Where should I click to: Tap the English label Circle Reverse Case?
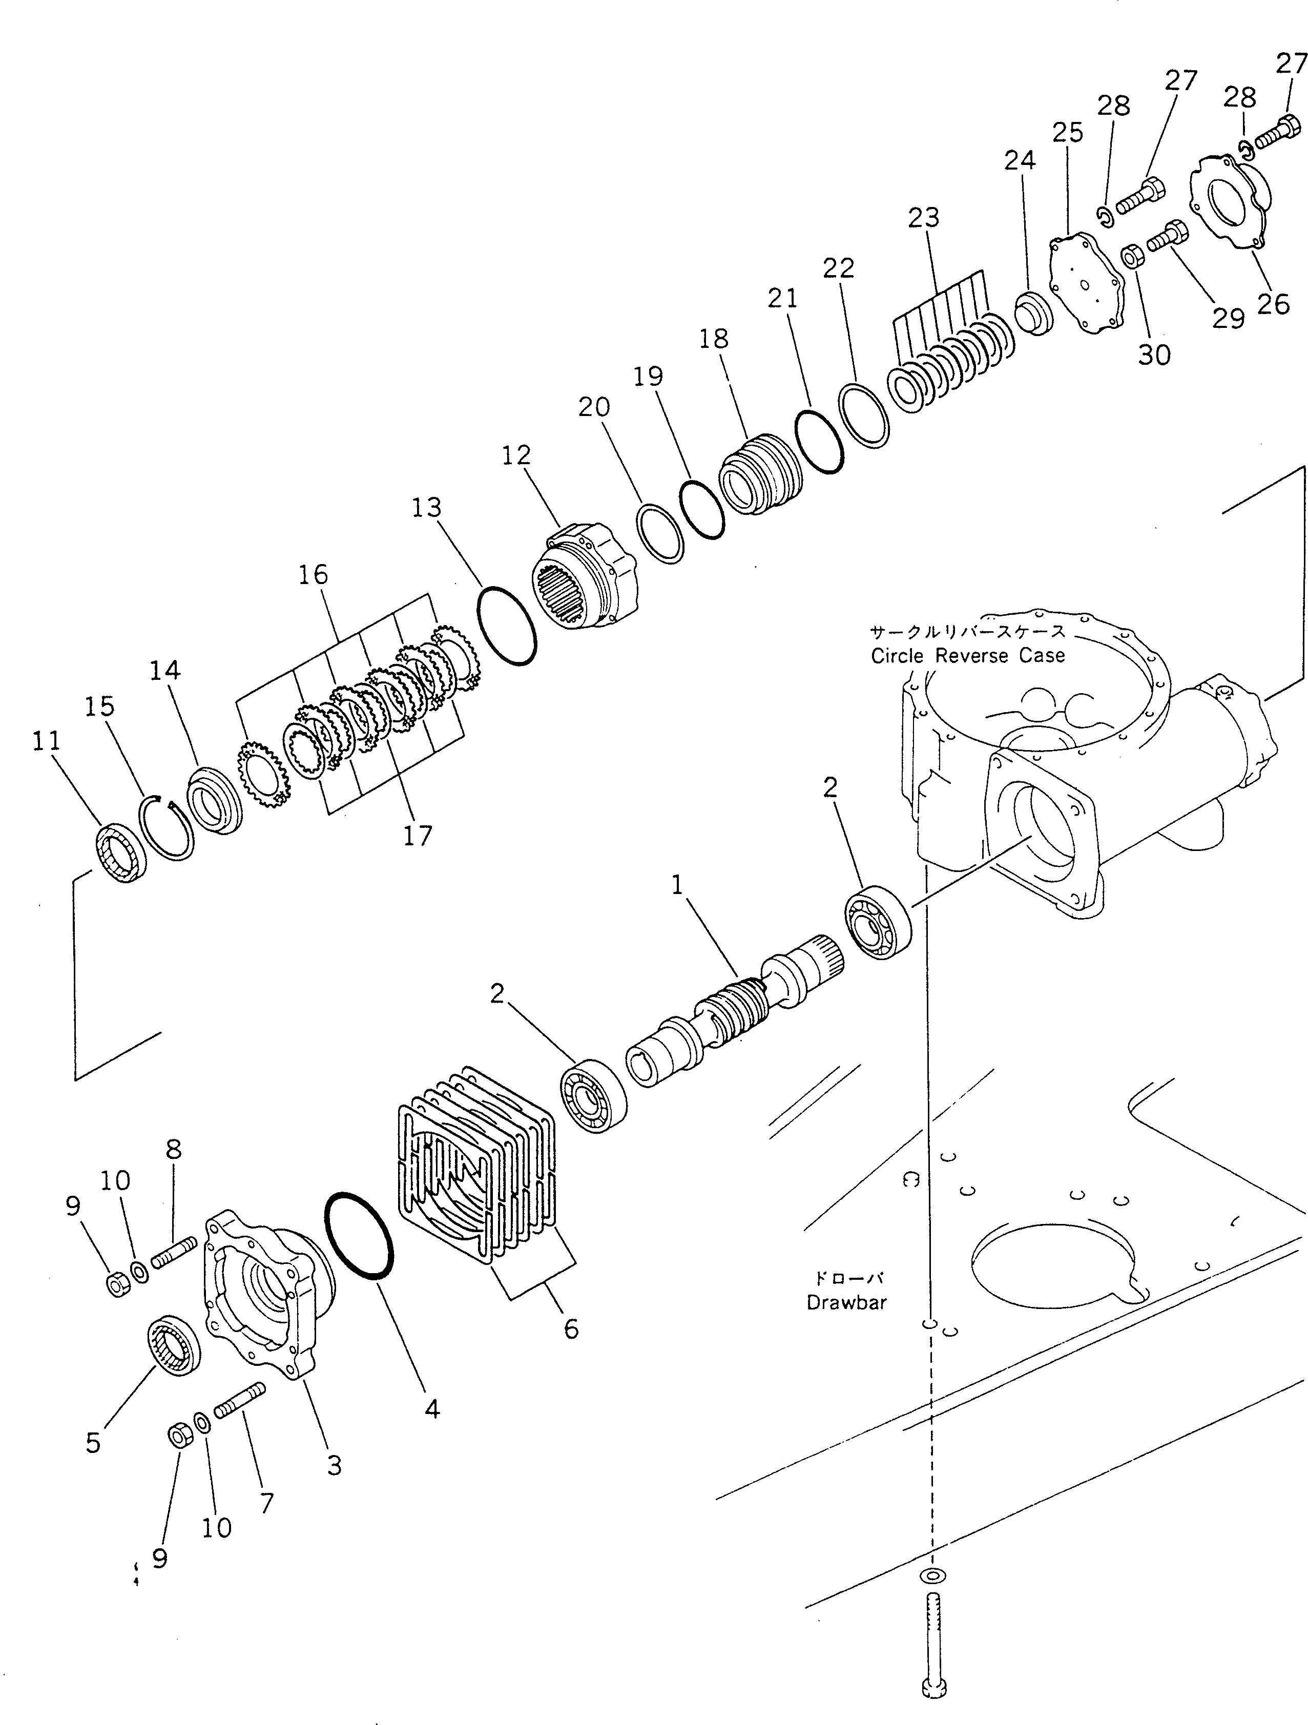pos(967,656)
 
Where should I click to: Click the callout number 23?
pos(923,218)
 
